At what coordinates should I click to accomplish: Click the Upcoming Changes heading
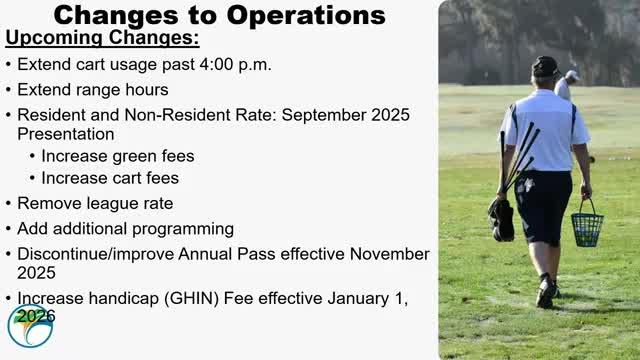(102, 39)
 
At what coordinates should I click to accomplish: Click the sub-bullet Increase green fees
(118, 156)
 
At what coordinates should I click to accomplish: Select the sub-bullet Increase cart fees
(110, 178)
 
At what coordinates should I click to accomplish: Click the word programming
(183, 229)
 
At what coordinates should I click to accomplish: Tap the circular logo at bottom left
(30, 326)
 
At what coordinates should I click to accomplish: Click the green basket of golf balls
(587, 227)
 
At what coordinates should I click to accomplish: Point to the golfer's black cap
(545, 66)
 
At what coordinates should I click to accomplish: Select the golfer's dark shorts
(542, 205)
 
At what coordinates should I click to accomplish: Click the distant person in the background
(567, 85)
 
